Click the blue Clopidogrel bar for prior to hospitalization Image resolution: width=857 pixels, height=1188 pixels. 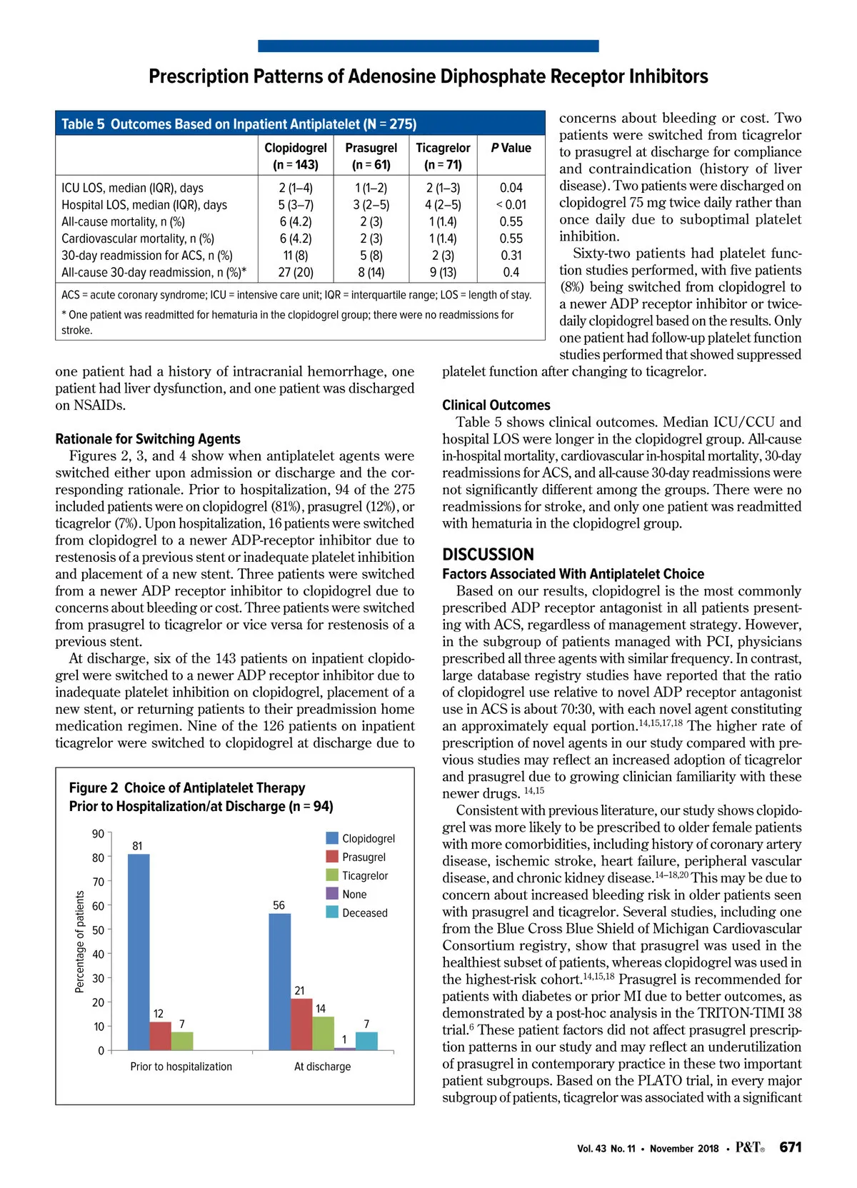pos(139,952)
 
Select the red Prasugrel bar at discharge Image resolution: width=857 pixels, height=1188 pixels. pos(301,1025)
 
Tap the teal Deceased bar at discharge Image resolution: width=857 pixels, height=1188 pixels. pos(366,1041)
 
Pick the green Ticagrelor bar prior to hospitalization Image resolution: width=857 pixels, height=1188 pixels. pos(182,1041)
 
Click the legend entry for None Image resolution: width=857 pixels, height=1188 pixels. pos(354,895)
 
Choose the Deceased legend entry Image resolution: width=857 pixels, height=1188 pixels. pos(364,913)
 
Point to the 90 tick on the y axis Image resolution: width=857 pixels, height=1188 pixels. pos(99,834)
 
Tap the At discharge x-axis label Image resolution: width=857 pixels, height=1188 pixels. pos(323,1067)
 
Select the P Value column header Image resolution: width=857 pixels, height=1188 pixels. pos(511,148)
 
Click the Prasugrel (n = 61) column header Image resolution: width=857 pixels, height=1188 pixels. pos(371,156)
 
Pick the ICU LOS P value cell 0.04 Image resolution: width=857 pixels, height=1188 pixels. pos(511,188)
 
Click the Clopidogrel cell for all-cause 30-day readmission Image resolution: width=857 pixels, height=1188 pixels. pos(296,272)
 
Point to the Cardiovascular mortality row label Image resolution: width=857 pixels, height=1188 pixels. pos(138,238)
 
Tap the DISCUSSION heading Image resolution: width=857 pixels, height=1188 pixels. pos(488,555)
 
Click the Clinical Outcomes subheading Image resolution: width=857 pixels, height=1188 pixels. pos(496,405)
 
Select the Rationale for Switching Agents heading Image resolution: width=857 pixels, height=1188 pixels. pos(148,439)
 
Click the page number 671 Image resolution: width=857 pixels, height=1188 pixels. pos(791,1147)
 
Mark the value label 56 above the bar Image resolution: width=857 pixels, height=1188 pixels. pos(279,905)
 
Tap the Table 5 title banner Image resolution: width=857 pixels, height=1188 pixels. pos(300,124)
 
